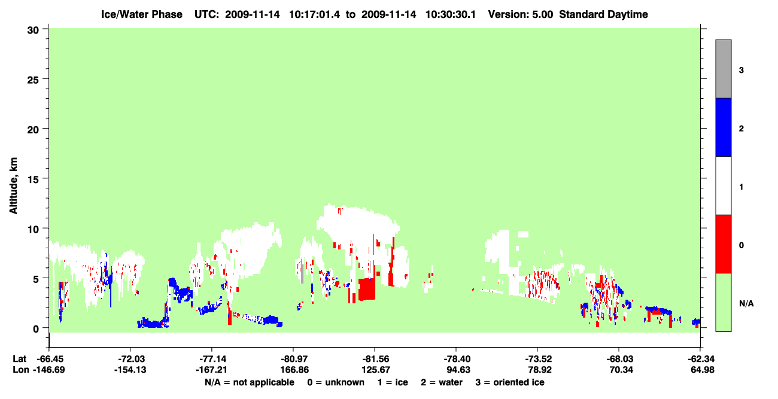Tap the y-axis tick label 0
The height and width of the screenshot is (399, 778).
[x=36, y=329]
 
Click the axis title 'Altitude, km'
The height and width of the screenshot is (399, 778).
[x=13, y=185]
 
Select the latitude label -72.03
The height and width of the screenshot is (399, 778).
[x=131, y=359]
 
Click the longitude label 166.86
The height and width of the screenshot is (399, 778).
[x=294, y=370]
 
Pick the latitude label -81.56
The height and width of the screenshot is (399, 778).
[x=375, y=359]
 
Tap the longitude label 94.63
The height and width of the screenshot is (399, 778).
[x=458, y=370]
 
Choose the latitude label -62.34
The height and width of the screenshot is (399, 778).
[x=701, y=359]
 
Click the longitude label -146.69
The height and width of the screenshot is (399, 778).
[x=49, y=370]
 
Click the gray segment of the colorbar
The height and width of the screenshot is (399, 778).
[x=723, y=69]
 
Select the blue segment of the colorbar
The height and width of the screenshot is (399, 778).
[x=723, y=127]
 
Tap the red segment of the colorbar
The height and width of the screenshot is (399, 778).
[x=723, y=244]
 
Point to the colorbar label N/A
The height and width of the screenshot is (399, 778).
[x=746, y=304]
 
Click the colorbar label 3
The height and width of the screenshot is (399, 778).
[x=741, y=71]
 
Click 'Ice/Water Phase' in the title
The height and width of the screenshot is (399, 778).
[x=142, y=14]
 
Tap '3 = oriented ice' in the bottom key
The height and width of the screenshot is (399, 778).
[x=510, y=382]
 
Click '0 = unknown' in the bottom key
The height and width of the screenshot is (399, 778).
[x=336, y=382]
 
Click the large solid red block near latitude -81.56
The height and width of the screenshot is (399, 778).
[x=367, y=289]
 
